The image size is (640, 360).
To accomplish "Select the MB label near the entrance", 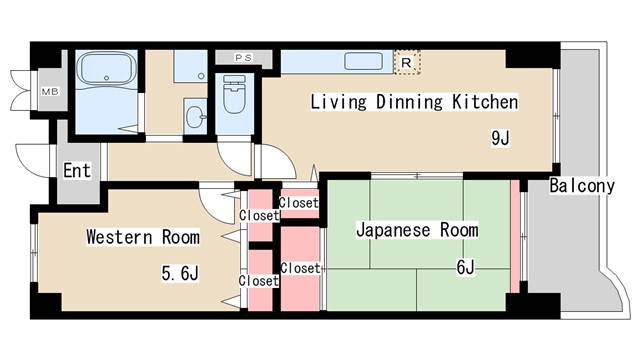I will coord(49,92).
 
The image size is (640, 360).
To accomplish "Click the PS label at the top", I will coord(243,57).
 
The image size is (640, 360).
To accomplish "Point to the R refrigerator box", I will coord(406,62).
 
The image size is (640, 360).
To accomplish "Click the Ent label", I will coord(77,170).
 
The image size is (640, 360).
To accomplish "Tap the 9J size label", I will coord(500,138).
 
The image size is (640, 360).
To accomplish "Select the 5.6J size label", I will coord(182,272).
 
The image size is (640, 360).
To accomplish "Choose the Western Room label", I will coord(142,237).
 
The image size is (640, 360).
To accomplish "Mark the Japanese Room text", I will coord(417,230).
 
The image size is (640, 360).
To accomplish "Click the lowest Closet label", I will coord(258,281).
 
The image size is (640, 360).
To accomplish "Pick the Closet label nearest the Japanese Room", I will coord(300,268).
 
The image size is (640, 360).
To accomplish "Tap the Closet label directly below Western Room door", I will coord(258,215).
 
